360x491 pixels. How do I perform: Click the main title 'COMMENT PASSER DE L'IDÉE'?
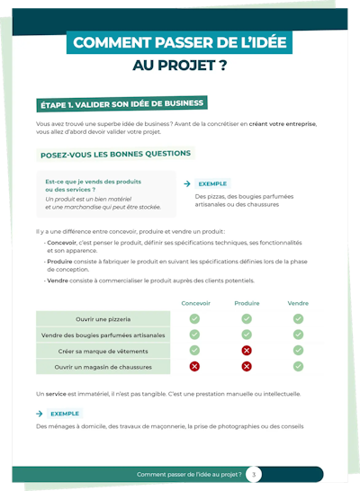click(x=179, y=42)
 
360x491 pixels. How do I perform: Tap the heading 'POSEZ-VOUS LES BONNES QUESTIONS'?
click(x=115, y=154)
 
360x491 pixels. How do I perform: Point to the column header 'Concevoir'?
click(x=195, y=303)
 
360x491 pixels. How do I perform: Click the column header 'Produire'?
click(x=247, y=303)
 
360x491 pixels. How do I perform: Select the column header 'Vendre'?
click(x=298, y=303)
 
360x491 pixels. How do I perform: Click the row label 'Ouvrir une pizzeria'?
click(x=103, y=319)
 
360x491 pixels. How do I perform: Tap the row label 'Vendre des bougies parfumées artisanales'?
click(x=103, y=335)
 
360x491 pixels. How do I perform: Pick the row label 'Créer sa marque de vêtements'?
click(x=103, y=351)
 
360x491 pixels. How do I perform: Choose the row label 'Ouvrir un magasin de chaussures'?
click(x=103, y=367)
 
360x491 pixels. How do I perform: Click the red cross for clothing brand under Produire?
click(x=247, y=351)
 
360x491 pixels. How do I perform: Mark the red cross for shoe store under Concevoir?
click(x=195, y=367)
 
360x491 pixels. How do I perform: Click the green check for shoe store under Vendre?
click(x=298, y=367)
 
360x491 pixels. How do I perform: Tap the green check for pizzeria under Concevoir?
click(x=195, y=319)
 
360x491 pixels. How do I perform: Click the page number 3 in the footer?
click(x=254, y=474)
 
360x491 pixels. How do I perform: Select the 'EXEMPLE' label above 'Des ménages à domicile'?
click(x=65, y=414)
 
